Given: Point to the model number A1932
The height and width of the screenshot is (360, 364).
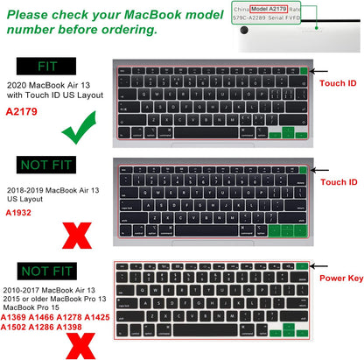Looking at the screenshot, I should pyautogui.click(x=20, y=213).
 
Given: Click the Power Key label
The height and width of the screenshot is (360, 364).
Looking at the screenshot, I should pyautogui.click(x=341, y=279).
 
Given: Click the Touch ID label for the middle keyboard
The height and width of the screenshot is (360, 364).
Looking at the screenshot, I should pyautogui.click(x=339, y=182).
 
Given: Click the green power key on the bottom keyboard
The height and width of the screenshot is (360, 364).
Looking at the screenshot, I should pyautogui.click(x=302, y=265).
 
